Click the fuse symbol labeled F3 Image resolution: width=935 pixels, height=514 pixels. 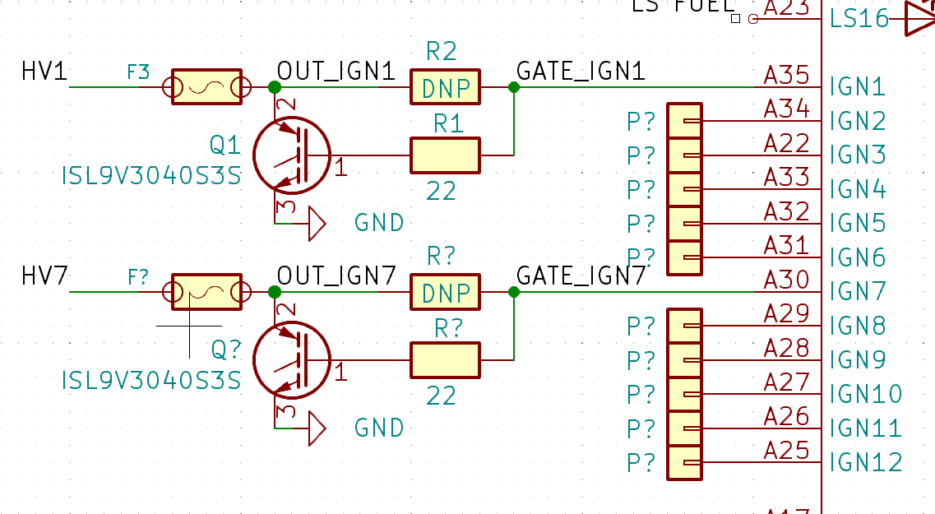pos(206,86)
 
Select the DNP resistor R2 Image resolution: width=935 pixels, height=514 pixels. pos(445,87)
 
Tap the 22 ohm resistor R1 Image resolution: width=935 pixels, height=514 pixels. pos(445,155)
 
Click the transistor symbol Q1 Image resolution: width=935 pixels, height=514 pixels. pos(292,155)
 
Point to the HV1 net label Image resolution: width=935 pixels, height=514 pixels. pos(44,72)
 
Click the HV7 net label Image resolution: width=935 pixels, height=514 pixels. pos(44,277)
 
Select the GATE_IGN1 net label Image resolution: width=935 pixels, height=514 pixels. pos(581,72)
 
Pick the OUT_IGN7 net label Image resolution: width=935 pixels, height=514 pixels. pos(337,276)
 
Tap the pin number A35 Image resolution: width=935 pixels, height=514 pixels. pos(787,75)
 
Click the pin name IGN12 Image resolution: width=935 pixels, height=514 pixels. pos(866,462)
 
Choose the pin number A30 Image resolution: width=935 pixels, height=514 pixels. pos(787,280)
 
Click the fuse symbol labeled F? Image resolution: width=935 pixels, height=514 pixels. pos(206,292)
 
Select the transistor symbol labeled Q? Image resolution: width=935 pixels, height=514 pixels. pos(292,360)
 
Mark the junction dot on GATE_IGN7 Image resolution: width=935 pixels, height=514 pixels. pos(514,292)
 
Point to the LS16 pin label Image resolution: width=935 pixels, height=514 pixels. pos(859,18)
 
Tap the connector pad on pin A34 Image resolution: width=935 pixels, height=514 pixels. pos(684,121)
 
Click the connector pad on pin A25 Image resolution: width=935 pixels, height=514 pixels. pos(684,463)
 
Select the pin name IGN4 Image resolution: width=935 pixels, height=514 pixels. pos(858,189)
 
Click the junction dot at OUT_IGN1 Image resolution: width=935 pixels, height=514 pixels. pos(275,86)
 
